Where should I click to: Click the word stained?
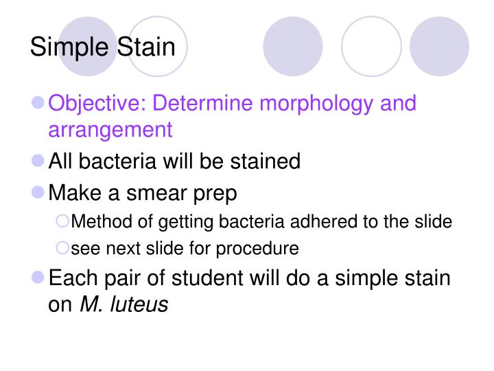[263, 161]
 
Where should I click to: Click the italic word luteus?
[141, 304]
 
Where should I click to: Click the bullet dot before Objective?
[38, 103]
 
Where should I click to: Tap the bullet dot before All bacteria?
[38, 161]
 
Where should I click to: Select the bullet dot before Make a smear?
[38, 192]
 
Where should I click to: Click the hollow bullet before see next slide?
[62, 247]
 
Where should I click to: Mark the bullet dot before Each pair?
[38, 278]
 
